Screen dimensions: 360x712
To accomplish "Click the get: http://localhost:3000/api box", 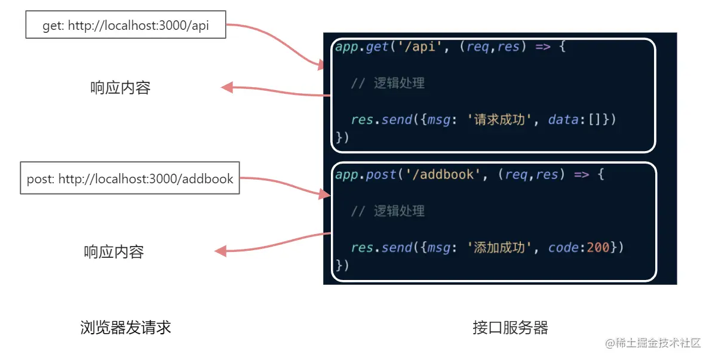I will point(125,26).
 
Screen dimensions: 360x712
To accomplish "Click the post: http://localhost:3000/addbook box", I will point(130,178).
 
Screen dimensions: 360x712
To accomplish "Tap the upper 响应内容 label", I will point(120,88).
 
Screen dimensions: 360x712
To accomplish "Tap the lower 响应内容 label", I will point(114,252).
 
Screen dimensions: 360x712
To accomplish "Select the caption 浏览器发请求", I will point(125,327).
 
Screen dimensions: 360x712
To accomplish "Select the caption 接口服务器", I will point(510,327).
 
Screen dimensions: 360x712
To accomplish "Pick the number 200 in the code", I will point(597,248).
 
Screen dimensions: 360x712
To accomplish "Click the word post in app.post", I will point(380,175).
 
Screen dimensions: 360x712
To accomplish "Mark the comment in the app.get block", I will point(388,84).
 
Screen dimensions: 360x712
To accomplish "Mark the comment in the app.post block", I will point(388,211).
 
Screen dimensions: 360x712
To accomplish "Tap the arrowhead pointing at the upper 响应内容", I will point(226,88).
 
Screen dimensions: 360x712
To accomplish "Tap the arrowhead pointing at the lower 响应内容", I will point(220,251).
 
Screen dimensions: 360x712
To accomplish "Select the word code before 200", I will point(563,248).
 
